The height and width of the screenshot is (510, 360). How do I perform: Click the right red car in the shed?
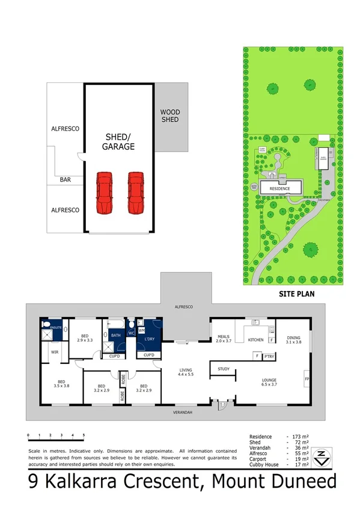pyautogui.click(x=136, y=192)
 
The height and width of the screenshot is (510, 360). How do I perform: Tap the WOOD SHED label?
pyautogui.click(x=169, y=116)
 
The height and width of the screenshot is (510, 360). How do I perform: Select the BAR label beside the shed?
pyautogui.click(x=66, y=179)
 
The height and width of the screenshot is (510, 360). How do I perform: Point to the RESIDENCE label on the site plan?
pyautogui.click(x=279, y=189)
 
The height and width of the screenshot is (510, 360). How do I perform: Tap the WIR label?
pyautogui.click(x=54, y=352)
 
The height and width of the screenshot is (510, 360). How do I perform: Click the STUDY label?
pyautogui.click(x=224, y=369)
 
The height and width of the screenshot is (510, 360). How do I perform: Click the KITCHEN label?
pyautogui.click(x=256, y=340)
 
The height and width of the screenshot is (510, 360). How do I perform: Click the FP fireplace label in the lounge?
pyautogui.click(x=307, y=379)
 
